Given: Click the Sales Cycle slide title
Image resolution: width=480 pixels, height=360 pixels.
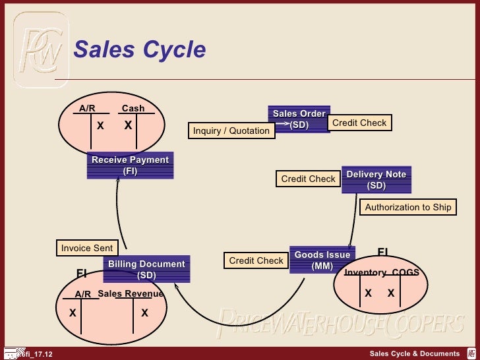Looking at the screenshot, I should point(139,49).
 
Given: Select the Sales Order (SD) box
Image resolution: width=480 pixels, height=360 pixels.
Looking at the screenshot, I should point(299,119).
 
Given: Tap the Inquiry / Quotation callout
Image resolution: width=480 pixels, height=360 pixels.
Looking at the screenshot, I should point(231,131).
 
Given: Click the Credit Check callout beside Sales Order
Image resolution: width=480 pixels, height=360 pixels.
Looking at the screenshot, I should point(359,123).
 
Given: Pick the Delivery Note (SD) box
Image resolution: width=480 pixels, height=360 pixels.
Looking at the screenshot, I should point(376,179).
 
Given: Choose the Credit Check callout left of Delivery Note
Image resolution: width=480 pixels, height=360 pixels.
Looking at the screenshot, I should point(308,179).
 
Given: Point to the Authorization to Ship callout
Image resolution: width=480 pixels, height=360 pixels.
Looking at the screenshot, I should point(408,207).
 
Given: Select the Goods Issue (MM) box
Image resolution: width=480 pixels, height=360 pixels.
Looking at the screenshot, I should point(322,260).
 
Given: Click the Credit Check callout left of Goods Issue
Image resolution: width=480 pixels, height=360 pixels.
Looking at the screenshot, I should point(256,260).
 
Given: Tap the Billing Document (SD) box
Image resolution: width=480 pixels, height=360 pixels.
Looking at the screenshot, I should point(146,270).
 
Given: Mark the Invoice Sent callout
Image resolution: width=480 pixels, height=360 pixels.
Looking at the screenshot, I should point(86,248).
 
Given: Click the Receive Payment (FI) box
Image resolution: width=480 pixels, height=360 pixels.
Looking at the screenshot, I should point(130,165).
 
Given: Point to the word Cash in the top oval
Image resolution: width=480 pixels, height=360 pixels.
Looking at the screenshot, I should point(133,108).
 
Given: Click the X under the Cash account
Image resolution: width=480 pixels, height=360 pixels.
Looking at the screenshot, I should point(128,125).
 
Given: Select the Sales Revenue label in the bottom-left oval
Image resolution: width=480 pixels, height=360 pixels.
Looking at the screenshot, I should point(131,293).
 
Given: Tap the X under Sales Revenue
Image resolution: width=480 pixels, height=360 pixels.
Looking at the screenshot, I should point(144,314).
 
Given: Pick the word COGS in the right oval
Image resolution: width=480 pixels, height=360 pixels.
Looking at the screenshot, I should point(405,272).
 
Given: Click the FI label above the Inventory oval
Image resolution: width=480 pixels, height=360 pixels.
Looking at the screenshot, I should point(382,252).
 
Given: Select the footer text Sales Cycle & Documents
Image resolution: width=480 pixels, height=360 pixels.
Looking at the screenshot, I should point(414,354).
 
